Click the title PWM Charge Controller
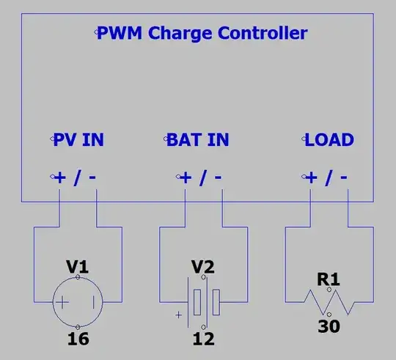pos(202,33)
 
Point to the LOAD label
pos(329,139)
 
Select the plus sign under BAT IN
pos(186,177)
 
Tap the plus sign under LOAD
pos(312,177)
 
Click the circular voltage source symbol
pos(78,302)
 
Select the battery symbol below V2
pos(202,302)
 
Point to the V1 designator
pos(78,268)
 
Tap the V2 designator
pos(202,267)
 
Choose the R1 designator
pos(328,279)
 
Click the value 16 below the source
pos(78,339)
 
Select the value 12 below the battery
pos(202,339)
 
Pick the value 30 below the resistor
pos(328,325)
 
